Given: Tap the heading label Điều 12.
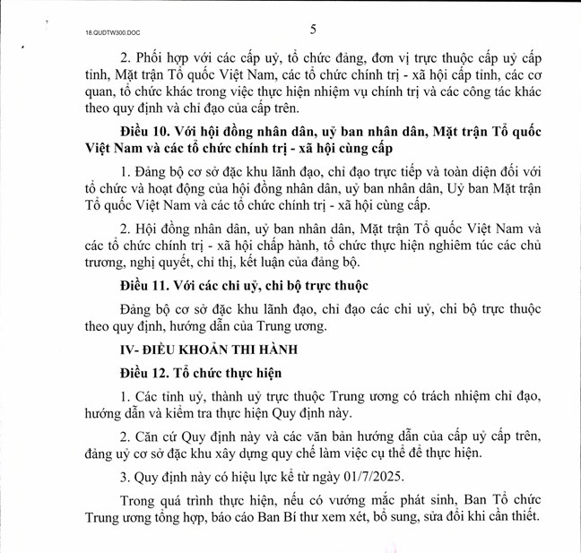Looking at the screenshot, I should [145, 370].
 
